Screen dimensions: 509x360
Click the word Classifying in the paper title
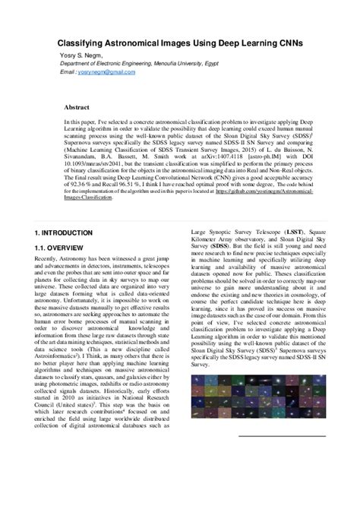click(88, 44)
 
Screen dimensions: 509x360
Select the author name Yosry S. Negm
click(81, 55)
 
